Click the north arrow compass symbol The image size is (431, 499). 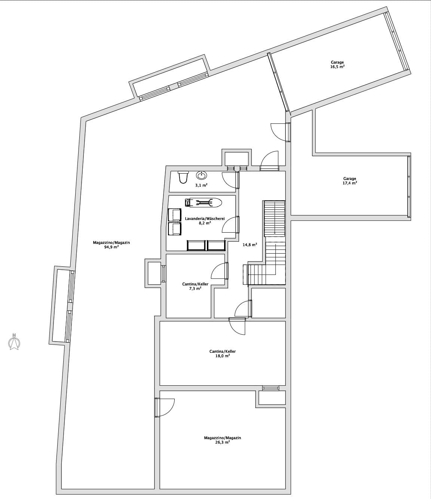point(14,342)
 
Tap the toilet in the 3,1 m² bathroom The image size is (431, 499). point(183,177)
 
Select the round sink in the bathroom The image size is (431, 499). point(201,175)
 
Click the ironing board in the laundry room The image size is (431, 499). point(203,202)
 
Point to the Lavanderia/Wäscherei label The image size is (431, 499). point(205,218)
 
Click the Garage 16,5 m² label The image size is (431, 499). point(337,64)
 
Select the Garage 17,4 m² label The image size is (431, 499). point(350,181)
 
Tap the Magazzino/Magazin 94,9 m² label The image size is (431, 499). point(111,245)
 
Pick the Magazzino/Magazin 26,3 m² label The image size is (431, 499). point(222,440)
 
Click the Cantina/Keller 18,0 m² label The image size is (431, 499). point(222,353)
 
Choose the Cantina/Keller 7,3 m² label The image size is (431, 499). point(195,286)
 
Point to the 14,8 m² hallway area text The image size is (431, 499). point(250,245)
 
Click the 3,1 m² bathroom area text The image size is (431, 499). point(201,186)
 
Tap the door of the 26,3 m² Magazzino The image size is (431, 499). point(165,407)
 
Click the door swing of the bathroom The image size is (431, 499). point(230,180)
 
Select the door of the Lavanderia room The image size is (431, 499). point(230,224)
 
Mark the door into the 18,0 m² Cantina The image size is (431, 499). point(237,326)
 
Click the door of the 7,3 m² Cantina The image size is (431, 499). point(220,271)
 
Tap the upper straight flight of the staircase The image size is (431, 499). point(275,219)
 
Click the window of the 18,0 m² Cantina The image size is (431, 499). point(270,388)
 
